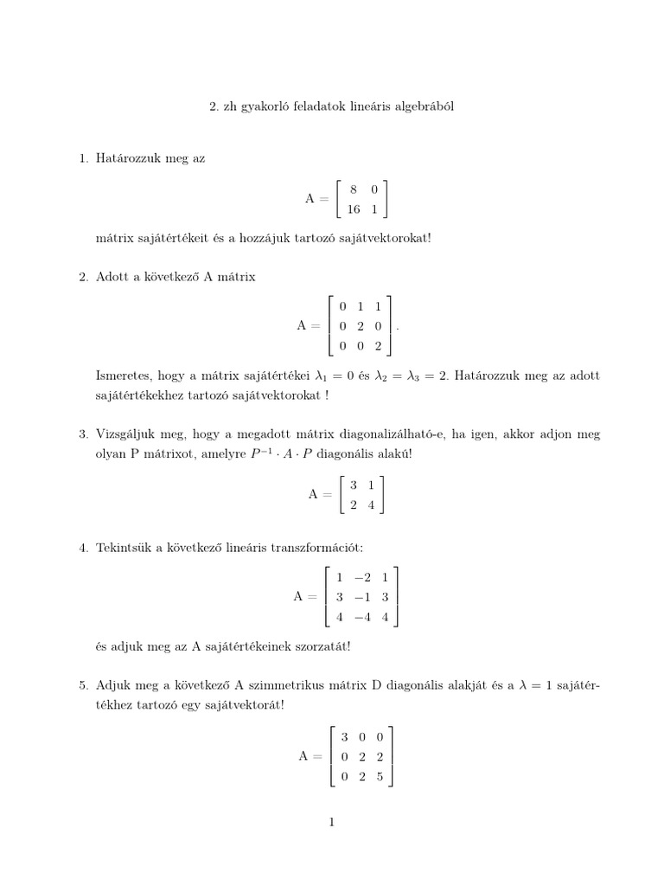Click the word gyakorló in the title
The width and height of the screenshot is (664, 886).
pos(265,106)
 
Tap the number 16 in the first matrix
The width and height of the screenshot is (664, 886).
pos(353,209)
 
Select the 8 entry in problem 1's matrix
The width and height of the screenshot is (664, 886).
pos(354,189)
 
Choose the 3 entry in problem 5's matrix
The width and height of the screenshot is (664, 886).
pos(344,736)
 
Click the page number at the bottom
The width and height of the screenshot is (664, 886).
pos(331,823)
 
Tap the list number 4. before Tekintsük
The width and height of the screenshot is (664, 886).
pos(83,548)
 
